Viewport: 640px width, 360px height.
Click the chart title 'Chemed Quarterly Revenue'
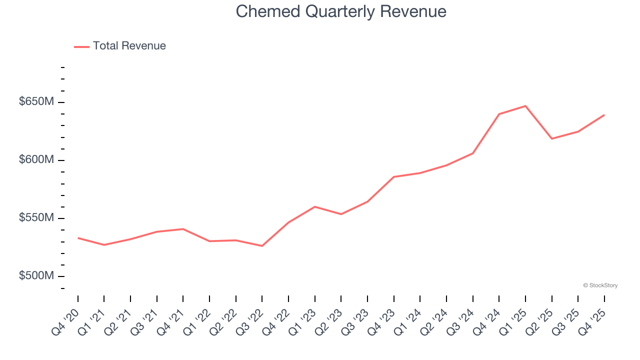pos(341,11)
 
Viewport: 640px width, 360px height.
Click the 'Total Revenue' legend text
pos(129,46)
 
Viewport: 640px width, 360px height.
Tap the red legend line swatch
pos(81,46)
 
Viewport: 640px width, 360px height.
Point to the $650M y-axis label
pos(36,102)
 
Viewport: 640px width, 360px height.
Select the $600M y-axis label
pos(36,160)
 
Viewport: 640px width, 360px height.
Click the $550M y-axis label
pos(36,218)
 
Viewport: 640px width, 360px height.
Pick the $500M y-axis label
pos(36,276)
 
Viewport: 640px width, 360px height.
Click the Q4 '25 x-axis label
pos(592,323)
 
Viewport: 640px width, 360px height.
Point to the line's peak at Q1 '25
pos(525,106)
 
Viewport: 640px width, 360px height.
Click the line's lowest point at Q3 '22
pos(262,246)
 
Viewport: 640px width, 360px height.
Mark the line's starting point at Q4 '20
pos(78,238)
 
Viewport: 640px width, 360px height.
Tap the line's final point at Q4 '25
pos(604,115)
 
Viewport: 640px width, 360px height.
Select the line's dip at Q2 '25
pos(551,138)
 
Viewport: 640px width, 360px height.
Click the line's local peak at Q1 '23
pos(315,206)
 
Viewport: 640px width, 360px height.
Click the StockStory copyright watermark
pos(600,285)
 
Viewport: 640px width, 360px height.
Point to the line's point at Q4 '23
pos(394,177)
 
